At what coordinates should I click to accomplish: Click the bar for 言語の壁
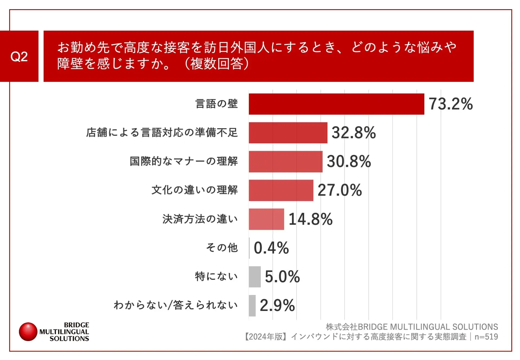point(336,104)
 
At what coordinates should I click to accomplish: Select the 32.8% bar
point(288,133)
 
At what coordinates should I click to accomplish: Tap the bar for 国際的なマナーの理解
point(285,161)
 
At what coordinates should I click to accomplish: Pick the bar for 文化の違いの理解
point(281,190)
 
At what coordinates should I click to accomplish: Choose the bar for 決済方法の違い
point(266,219)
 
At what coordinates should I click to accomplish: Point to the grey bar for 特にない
point(255,277)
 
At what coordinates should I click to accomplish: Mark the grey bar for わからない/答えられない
point(252,306)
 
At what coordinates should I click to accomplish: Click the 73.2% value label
point(450,104)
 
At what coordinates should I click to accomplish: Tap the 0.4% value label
point(271,248)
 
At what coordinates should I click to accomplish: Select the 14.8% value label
point(310,219)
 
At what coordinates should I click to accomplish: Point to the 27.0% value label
point(340,190)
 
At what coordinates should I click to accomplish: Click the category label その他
point(222,248)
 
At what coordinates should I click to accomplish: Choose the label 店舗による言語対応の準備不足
point(162,133)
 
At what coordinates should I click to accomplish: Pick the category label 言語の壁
point(216,104)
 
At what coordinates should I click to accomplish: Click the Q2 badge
point(19,56)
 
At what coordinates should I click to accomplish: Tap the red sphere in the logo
point(28,332)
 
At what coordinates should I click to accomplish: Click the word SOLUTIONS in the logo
point(69,339)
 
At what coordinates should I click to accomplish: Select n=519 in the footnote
point(486,337)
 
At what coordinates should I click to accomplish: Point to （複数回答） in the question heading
point(216,64)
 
